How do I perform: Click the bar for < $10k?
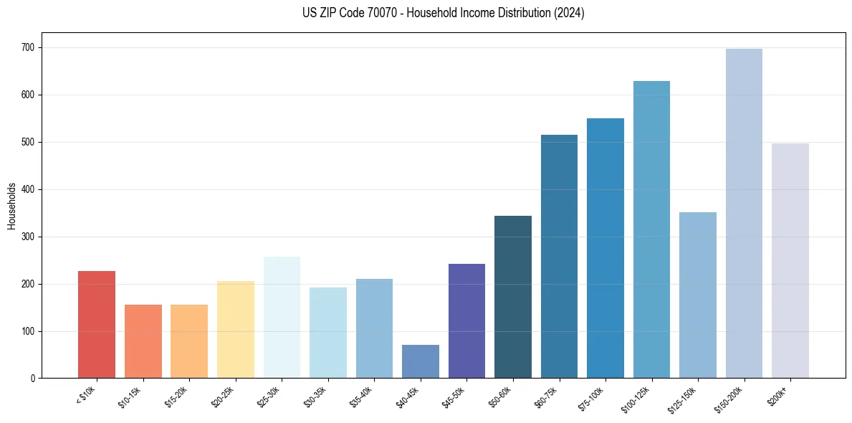[97, 325]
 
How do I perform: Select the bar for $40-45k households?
[421, 361]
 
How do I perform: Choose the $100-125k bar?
[651, 229]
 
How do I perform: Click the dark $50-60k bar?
[513, 297]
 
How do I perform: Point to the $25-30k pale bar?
[282, 317]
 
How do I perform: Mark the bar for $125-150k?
[698, 295]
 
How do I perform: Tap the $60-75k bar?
[559, 257]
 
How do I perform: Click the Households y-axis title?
[11, 206]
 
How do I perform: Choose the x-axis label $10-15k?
[130, 396]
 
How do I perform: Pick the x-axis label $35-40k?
[360, 396]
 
